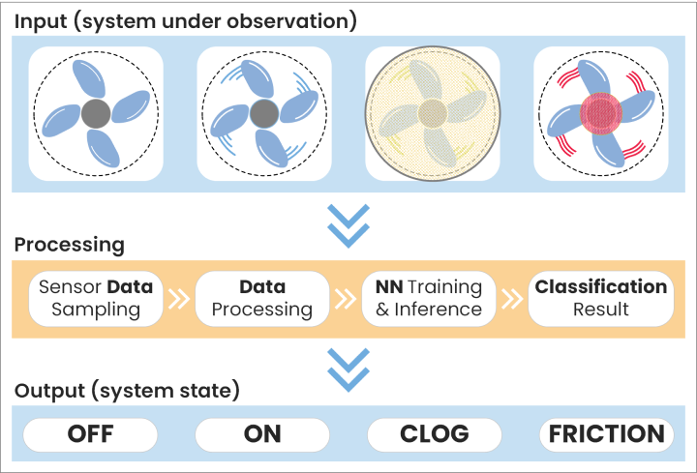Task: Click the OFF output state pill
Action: [x=90, y=434]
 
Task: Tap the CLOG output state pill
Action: [x=435, y=434]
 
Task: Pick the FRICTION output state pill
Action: [x=606, y=434]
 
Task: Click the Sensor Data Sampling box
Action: [x=95, y=299]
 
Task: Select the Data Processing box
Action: [x=262, y=299]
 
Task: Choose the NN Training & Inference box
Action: [x=428, y=299]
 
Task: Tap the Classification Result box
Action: [x=601, y=299]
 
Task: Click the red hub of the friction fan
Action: [x=601, y=114]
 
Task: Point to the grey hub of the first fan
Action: [x=95, y=114]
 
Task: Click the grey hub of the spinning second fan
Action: [x=262, y=114]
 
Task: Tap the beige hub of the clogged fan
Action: [x=432, y=112]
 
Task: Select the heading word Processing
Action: [x=69, y=245]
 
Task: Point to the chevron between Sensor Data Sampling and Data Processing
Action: [x=178, y=299]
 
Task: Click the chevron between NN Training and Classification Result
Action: [x=511, y=299]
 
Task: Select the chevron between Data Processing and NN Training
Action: [x=346, y=299]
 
